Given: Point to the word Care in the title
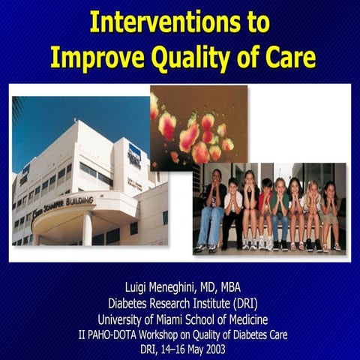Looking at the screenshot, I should (288, 57).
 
